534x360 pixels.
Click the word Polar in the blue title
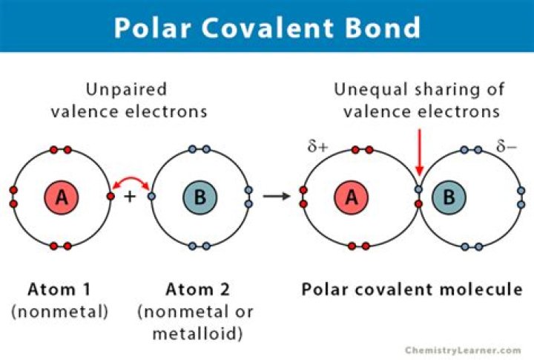pos(151,27)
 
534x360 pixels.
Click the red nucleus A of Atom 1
pos(62,197)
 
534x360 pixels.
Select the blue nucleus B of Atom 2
pos(200,197)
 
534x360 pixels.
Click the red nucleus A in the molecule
pos(351,197)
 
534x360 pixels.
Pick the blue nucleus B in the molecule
pos(449,197)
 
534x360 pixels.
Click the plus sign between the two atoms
pos(130,197)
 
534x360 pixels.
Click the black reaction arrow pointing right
pos(277,196)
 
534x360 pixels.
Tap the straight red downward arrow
pos(420,152)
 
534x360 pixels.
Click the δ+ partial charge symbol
pos(317,146)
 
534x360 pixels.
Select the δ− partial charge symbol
pos(507,146)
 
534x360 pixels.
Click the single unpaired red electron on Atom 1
pos(111,196)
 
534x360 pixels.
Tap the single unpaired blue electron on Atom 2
pos(151,196)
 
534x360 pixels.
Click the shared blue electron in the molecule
pos(418,189)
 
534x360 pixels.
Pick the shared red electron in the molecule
pos(418,204)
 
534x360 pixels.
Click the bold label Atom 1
pos(59,289)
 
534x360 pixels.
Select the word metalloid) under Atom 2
pos(197,334)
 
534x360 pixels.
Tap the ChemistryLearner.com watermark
pos(463,350)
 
